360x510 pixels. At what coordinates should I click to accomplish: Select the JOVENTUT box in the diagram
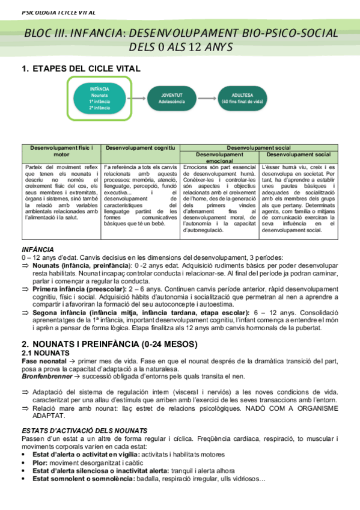coord(172,98)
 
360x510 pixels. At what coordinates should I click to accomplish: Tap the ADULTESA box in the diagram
coord(245,98)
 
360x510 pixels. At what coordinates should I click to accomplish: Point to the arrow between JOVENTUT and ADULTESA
coord(207,98)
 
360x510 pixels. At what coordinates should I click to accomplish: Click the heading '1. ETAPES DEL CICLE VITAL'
coord(81,69)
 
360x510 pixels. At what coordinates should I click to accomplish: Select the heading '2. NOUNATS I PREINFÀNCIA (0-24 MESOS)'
coord(109,343)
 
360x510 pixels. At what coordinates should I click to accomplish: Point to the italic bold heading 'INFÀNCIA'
coord(38,249)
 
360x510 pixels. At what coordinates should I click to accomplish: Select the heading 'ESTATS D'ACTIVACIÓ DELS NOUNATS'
coord(84,431)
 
